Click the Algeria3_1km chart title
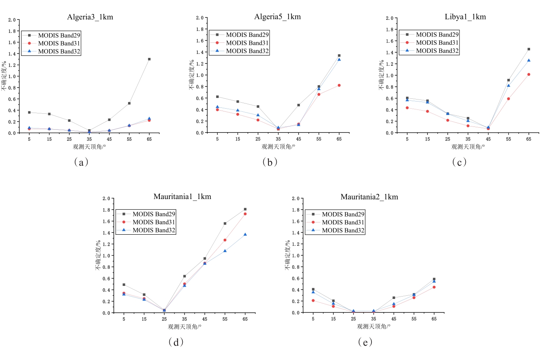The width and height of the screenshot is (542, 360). [x=90, y=17]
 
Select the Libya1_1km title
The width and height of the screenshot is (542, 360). [x=465, y=17]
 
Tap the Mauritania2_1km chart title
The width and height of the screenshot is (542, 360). [x=369, y=197]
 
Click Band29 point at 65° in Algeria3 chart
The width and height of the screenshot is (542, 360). [x=149, y=59]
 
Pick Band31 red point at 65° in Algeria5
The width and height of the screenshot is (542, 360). [x=339, y=85]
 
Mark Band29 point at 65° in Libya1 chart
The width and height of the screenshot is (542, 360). [x=529, y=49]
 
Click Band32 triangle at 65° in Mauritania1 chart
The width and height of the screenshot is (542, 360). [x=245, y=234]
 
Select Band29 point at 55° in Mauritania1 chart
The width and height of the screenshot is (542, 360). [x=225, y=224]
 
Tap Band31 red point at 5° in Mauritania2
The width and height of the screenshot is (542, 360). [x=313, y=301]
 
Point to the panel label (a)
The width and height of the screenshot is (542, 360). [x=81, y=162]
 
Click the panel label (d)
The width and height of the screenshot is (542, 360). [x=176, y=342]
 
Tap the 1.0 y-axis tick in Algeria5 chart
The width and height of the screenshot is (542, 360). [x=200, y=75]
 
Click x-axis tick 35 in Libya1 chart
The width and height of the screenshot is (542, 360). [x=468, y=139]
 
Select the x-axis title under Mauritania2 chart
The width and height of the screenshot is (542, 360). [x=373, y=327]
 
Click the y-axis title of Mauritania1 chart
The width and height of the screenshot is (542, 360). [x=98, y=255]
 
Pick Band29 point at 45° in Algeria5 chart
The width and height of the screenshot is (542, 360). [x=299, y=105]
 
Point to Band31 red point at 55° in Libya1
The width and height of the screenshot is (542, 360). [x=508, y=99]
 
